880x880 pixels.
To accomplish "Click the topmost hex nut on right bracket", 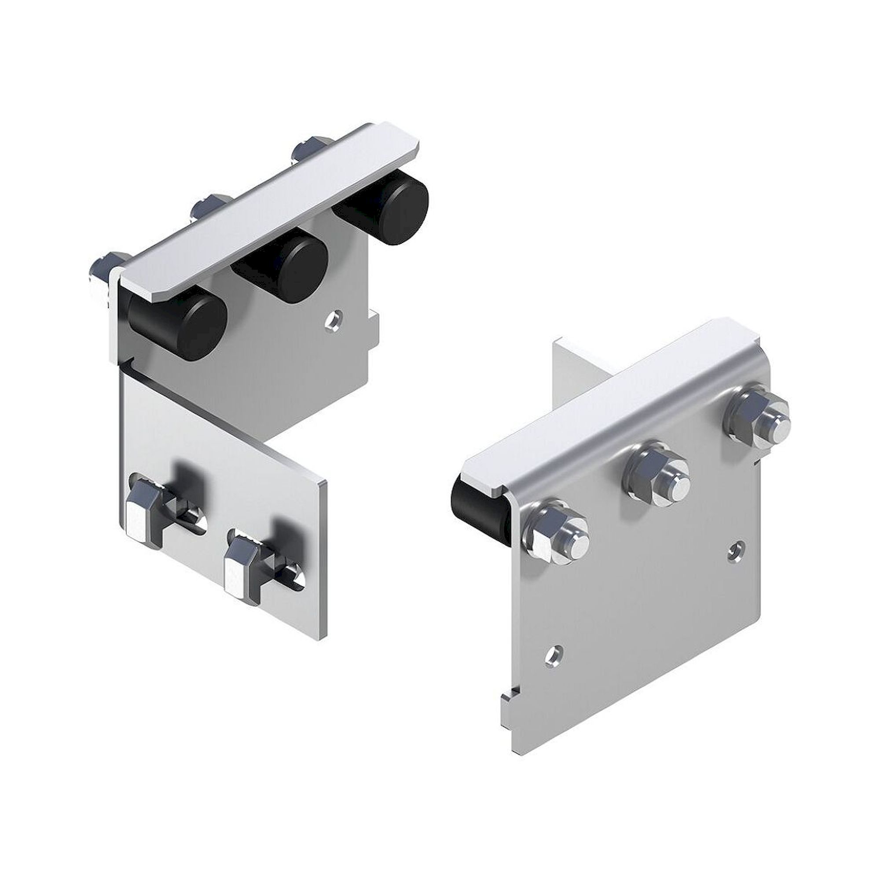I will [x=759, y=419].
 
